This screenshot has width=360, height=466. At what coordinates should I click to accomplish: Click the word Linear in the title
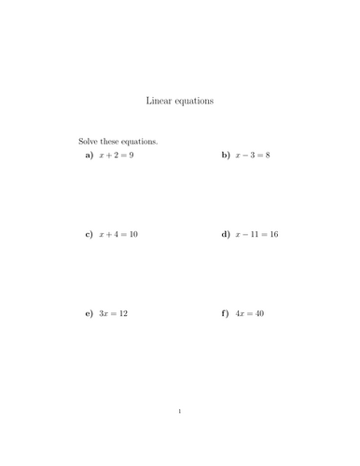(x=159, y=100)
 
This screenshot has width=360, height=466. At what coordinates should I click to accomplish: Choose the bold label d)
(x=226, y=235)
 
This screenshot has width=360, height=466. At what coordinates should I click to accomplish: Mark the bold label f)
(x=226, y=314)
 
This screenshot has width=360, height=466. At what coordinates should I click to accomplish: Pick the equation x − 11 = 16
(x=256, y=235)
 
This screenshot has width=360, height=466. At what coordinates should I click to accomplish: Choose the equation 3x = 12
(x=114, y=314)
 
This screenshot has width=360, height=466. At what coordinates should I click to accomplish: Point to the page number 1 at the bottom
(x=180, y=411)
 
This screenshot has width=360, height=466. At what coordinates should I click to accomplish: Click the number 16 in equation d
(x=272, y=235)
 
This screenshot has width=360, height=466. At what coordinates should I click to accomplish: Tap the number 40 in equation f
(x=259, y=314)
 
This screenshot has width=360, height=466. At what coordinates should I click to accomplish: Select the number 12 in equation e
(x=123, y=314)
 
